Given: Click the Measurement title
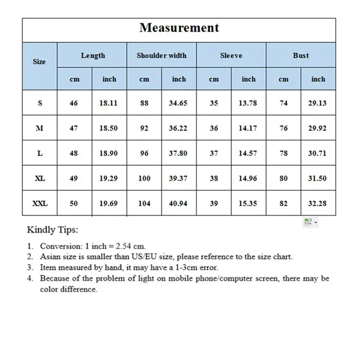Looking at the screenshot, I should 179,28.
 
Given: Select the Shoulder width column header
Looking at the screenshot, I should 161,55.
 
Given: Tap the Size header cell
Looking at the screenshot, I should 39,61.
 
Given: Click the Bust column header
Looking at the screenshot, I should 301,55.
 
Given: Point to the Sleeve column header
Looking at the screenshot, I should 231,55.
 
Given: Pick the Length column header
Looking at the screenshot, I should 93,55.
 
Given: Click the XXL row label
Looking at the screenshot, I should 40,203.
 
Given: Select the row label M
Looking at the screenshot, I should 40,128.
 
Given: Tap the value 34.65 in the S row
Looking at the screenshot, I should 178,103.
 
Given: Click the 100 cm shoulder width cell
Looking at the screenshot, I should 145,178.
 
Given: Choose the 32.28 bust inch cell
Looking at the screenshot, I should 318,203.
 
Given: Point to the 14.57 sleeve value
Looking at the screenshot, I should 248,153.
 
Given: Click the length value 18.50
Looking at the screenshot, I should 109,128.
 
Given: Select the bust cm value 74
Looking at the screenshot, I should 283,103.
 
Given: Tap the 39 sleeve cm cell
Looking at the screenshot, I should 214,203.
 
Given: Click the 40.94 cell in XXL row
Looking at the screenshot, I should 178,203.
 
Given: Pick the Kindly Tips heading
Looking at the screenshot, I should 53,229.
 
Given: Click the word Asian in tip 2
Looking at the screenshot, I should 50,257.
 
